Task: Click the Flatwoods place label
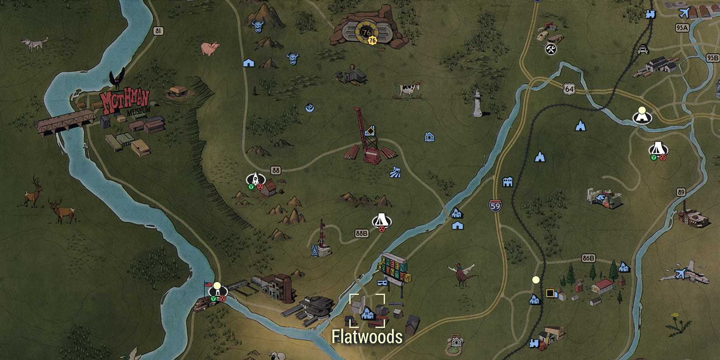367,337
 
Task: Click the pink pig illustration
210,48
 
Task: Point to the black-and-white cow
408,90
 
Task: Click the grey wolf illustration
34,44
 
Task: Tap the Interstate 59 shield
495,206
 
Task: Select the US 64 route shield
569,89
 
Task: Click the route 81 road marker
158,31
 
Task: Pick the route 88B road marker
361,233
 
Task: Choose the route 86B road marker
588,258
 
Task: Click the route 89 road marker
681,192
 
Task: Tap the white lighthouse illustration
477,103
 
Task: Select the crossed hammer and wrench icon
551,49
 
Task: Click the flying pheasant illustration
461,272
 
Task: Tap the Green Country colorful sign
395,268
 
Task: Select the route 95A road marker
682,28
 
